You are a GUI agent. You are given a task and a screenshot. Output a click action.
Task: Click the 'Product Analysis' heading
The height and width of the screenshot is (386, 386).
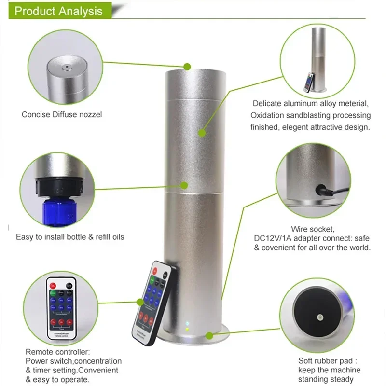pyautogui.click(x=58, y=11)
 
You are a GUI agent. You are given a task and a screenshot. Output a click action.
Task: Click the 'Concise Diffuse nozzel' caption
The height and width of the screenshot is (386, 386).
pyautogui.click(x=62, y=115)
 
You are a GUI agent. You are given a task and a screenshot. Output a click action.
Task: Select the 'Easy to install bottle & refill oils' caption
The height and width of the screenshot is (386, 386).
pyautogui.click(x=70, y=237)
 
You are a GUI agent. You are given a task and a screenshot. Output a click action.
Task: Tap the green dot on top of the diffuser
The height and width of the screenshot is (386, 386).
pyautogui.click(x=187, y=66)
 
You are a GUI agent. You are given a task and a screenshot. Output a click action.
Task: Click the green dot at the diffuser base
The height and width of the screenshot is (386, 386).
pyautogui.click(x=209, y=334)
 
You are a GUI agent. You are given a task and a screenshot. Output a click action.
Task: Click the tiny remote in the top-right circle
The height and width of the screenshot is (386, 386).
pyautogui.click(x=307, y=82)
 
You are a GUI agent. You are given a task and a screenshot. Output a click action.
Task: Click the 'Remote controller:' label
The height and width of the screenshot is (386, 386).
pyautogui.click(x=57, y=352)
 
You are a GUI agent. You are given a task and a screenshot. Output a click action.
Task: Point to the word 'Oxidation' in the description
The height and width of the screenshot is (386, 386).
pyautogui.click(x=268, y=115)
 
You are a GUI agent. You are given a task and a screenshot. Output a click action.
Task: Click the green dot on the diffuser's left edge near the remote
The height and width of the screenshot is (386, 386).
pyautogui.click(x=140, y=302)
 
